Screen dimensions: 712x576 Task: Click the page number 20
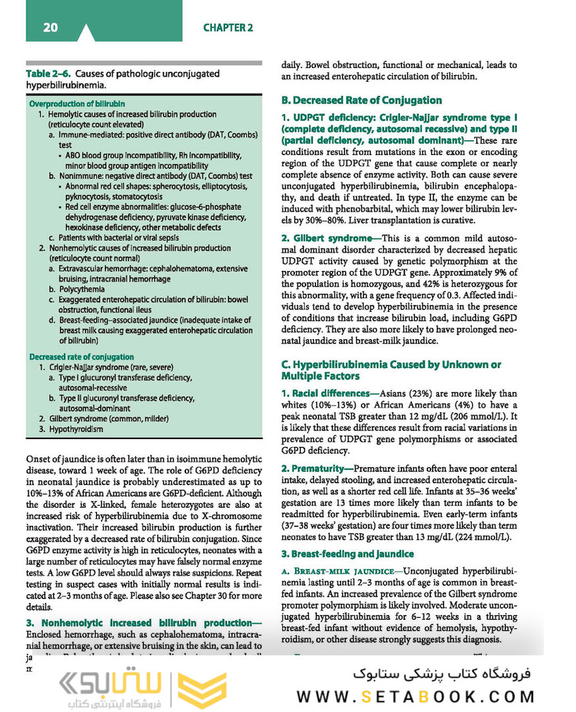50,28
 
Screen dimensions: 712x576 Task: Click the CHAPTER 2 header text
228,28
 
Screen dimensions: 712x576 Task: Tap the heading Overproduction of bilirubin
77,104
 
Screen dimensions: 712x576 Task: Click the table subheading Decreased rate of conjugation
82,357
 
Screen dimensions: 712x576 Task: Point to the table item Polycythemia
81,289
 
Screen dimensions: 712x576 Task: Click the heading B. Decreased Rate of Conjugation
361,100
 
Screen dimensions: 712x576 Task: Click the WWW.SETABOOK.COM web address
415,696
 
